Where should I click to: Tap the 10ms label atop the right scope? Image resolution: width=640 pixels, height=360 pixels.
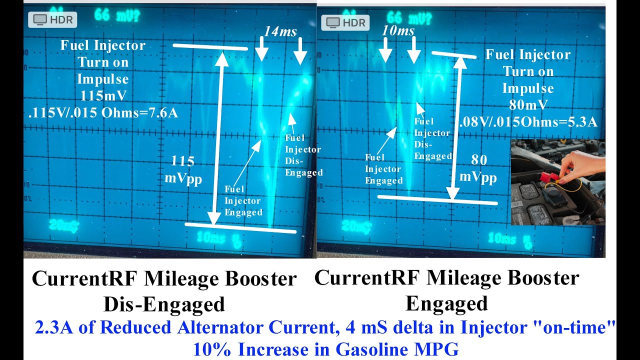398,31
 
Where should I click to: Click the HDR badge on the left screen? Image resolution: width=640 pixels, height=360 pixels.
52,20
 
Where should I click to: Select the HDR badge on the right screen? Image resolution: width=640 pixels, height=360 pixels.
345,22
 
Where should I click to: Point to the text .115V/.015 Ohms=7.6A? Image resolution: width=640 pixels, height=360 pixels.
103,113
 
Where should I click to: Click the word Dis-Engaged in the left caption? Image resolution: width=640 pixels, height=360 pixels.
164,303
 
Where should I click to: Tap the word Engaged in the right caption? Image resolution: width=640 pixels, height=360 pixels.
446,303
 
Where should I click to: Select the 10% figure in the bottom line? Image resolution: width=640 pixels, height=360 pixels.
210,349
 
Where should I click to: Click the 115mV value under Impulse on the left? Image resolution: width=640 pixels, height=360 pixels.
102,96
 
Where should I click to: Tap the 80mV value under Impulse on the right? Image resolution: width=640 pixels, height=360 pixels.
528,105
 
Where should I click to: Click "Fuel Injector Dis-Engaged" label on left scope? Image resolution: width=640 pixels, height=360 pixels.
303,155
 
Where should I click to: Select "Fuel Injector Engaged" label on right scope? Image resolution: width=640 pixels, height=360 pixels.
383,169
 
